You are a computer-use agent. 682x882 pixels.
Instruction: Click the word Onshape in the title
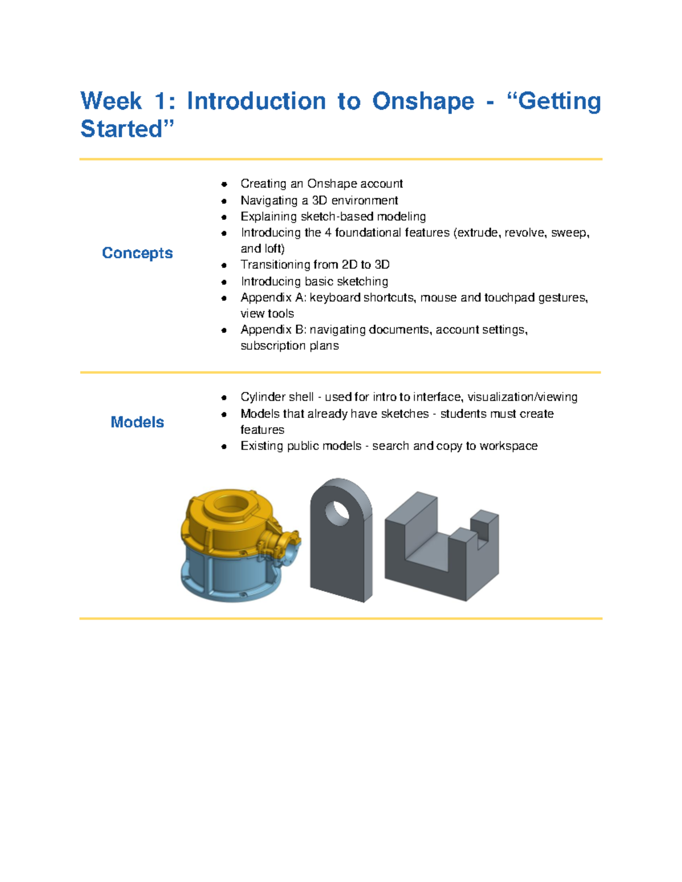(x=423, y=101)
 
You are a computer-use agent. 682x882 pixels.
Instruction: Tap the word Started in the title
(x=121, y=129)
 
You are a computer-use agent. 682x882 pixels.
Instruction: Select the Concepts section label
(x=137, y=253)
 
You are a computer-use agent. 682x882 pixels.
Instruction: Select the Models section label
(x=137, y=422)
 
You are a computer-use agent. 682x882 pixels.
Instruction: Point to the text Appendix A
(x=273, y=297)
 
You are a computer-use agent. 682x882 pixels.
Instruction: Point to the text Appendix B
(x=273, y=329)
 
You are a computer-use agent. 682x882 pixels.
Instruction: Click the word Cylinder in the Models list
(x=261, y=397)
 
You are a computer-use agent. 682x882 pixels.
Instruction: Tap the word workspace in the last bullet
(x=508, y=446)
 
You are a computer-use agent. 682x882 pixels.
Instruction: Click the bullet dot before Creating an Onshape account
(x=224, y=184)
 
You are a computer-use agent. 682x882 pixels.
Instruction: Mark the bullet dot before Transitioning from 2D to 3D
(x=224, y=265)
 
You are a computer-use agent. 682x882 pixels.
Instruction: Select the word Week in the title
(x=111, y=101)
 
